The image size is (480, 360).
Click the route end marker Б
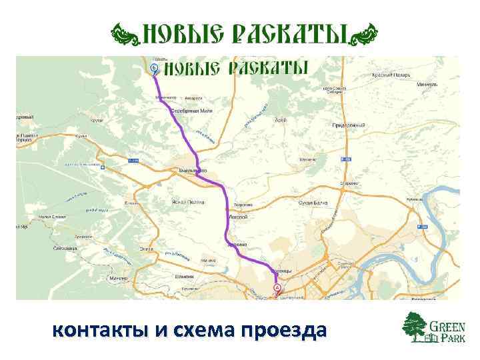click(x=155, y=68)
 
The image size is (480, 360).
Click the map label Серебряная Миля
click(x=191, y=110)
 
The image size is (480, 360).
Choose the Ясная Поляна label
click(x=187, y=200)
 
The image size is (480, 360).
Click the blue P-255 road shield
click(x=133, y=161)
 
